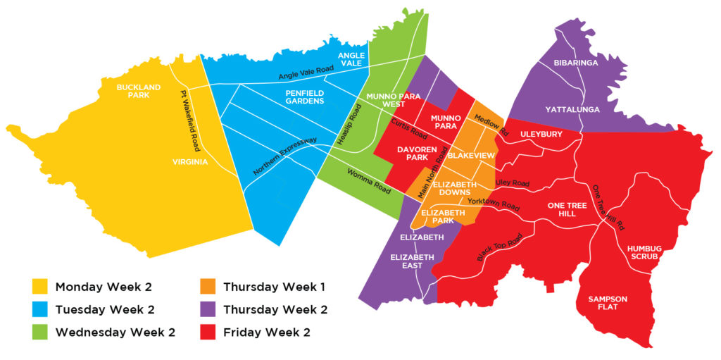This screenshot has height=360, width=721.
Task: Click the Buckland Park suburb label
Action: [x=139, y=91]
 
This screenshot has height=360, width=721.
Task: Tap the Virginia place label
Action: [x=189, y=162]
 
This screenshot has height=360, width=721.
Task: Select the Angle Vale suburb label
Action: [x=351, y=59]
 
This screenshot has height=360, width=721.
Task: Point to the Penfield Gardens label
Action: [x=304, y=97]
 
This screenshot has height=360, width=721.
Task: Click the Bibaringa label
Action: [x=575, y=63]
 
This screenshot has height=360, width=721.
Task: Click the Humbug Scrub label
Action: [x=642, y=253]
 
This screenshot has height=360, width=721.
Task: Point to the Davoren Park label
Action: [x=418, y=154]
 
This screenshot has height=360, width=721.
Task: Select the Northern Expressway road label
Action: [x=285, y=156]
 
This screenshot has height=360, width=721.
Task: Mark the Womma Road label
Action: [x=368, y=180]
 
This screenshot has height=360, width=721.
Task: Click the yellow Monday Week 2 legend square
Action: [x=40, y=287]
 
